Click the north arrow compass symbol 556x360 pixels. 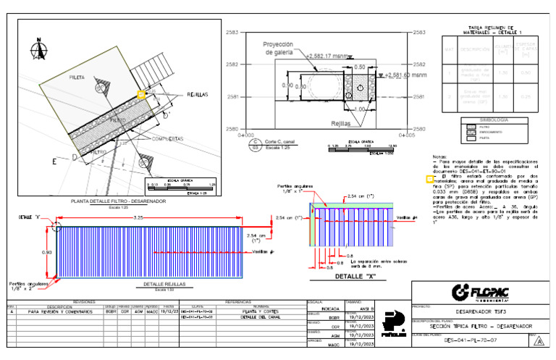tap(34, 49)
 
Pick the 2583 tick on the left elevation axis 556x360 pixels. tap(232, 33)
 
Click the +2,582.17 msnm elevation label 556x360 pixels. tap(328, 56)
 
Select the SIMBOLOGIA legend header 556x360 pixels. tap(494, 120)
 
